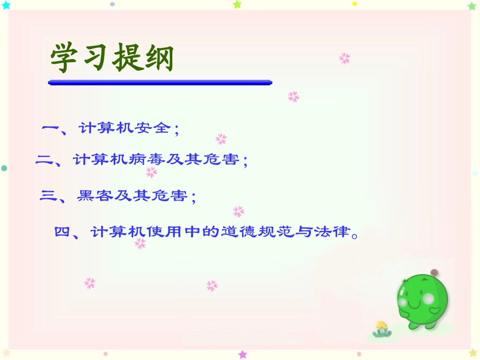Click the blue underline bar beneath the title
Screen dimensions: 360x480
160,82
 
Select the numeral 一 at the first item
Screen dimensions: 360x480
51,128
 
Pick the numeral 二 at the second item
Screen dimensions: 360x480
45,161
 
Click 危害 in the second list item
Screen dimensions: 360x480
223,161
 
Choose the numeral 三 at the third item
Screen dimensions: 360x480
49,196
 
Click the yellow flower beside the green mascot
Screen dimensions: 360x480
382,325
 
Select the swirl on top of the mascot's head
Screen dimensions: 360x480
433,273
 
